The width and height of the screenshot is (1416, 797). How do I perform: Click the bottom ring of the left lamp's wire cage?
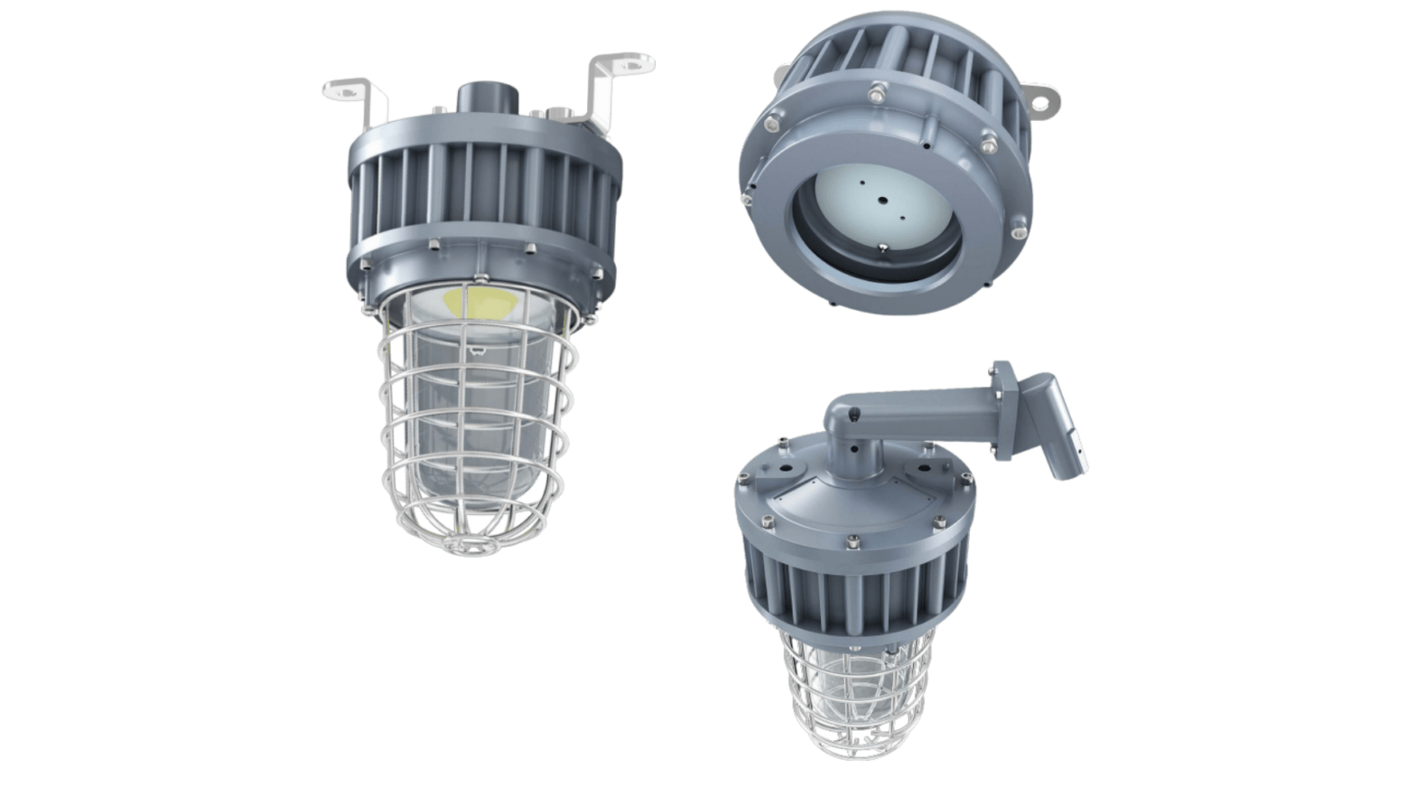click(471, 541)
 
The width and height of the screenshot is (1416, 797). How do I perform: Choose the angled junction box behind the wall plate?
click(1057, 425)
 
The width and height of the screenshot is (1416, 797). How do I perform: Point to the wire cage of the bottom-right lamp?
click(853, 696)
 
